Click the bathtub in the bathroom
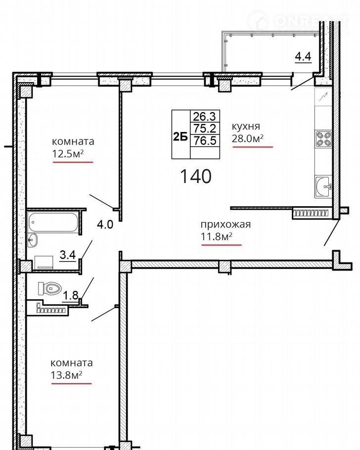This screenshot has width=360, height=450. [53, 222]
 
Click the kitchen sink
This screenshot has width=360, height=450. [323, 186]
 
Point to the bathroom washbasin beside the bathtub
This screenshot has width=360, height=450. [33, 240]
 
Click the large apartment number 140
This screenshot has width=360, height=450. [196, 176]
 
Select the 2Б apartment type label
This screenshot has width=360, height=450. [180, 137]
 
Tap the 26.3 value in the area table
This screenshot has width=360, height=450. [204, 116]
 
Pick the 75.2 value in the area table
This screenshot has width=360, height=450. [204, 128]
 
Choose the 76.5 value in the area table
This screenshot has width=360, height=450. [205, 140]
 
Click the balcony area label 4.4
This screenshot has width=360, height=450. [304, 56]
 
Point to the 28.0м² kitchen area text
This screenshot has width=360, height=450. [248, 138]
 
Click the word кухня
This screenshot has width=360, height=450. [246, 126]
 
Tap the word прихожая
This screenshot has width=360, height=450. [225, 225]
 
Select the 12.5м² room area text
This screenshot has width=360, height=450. [68, 154]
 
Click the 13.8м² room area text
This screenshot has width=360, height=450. [67, 375]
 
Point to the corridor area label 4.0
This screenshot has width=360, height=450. [105, 224]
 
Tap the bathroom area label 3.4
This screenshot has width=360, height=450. [68, 255]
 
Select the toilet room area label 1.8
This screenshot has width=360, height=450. [71, 295]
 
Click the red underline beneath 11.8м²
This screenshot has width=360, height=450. [222, 245]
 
